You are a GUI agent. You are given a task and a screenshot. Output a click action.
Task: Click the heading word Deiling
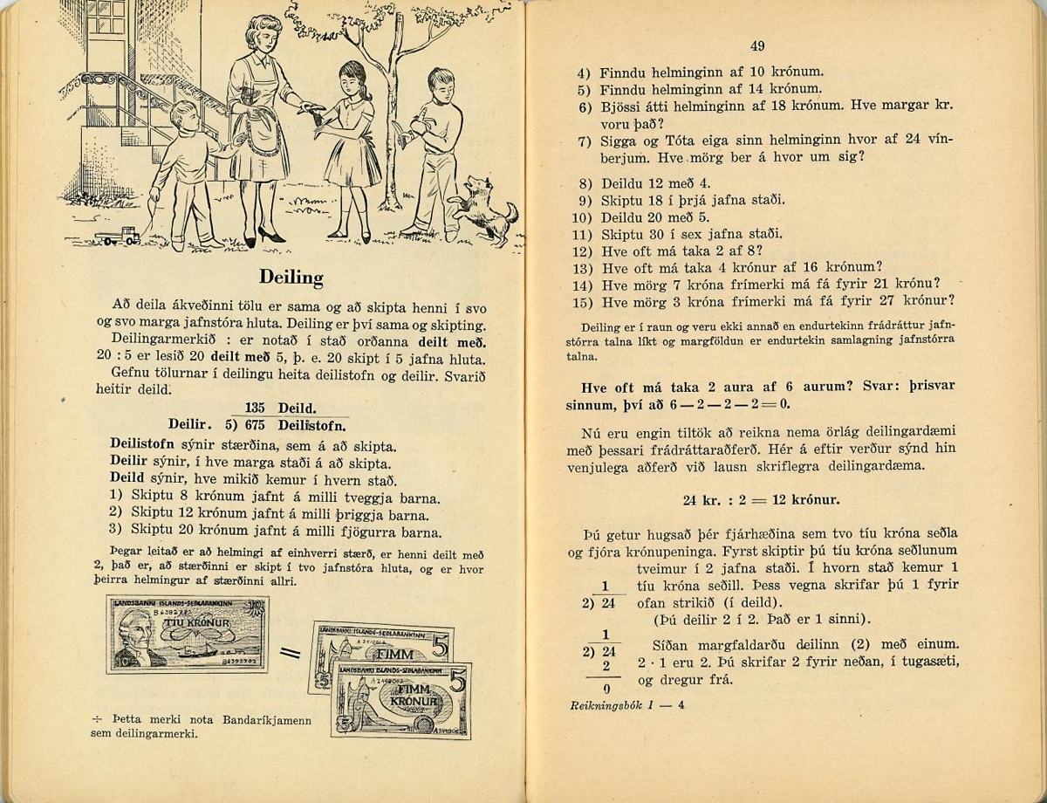(x=291, y=278)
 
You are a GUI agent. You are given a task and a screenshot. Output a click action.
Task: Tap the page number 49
(x=756, y=46)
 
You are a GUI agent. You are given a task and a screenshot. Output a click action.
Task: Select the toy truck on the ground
(x=118, y=237)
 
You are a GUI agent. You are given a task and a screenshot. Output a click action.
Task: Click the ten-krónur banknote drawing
(x=188, y=635)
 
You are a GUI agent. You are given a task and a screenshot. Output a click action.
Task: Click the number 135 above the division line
(x=255, y=408)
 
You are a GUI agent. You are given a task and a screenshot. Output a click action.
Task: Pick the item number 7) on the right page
(x=585, y=141)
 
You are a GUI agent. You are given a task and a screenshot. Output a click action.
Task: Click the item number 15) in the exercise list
(x=583, y=302)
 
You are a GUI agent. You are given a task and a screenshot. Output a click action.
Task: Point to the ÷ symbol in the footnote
(x=97, y=718)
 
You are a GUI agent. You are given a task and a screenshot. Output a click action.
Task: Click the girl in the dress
(x=352, y=148)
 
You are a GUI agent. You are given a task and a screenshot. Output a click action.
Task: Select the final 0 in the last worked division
(x=606, y=687)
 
